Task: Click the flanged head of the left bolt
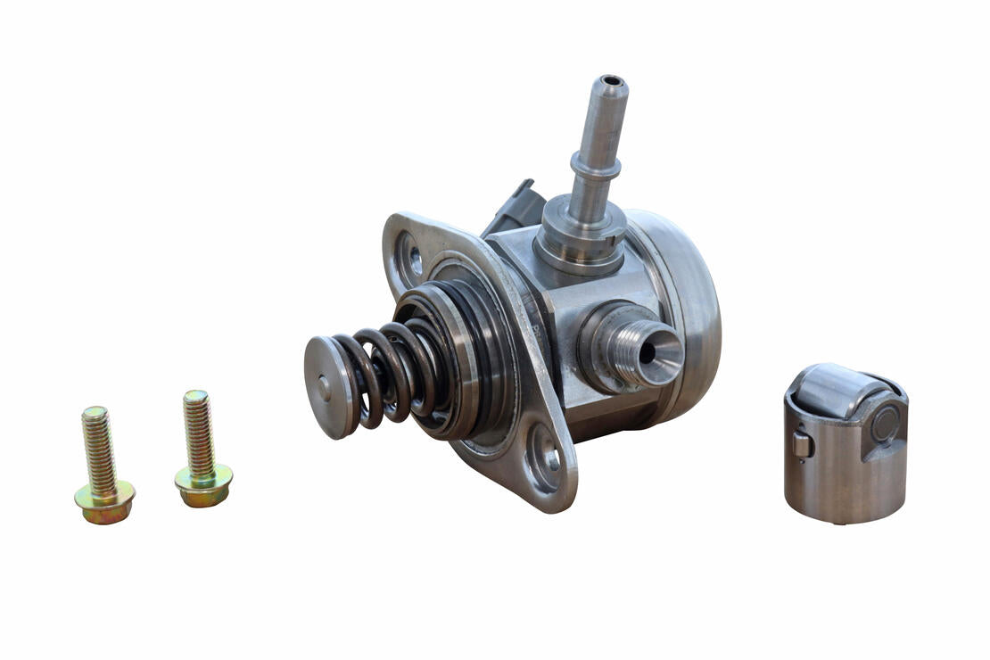coord(104,502)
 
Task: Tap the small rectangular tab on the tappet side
coord(801,443)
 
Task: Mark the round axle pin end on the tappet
coord(885,424)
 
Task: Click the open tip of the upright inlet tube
coord(612,85)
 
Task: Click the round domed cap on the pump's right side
coord(687,312)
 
